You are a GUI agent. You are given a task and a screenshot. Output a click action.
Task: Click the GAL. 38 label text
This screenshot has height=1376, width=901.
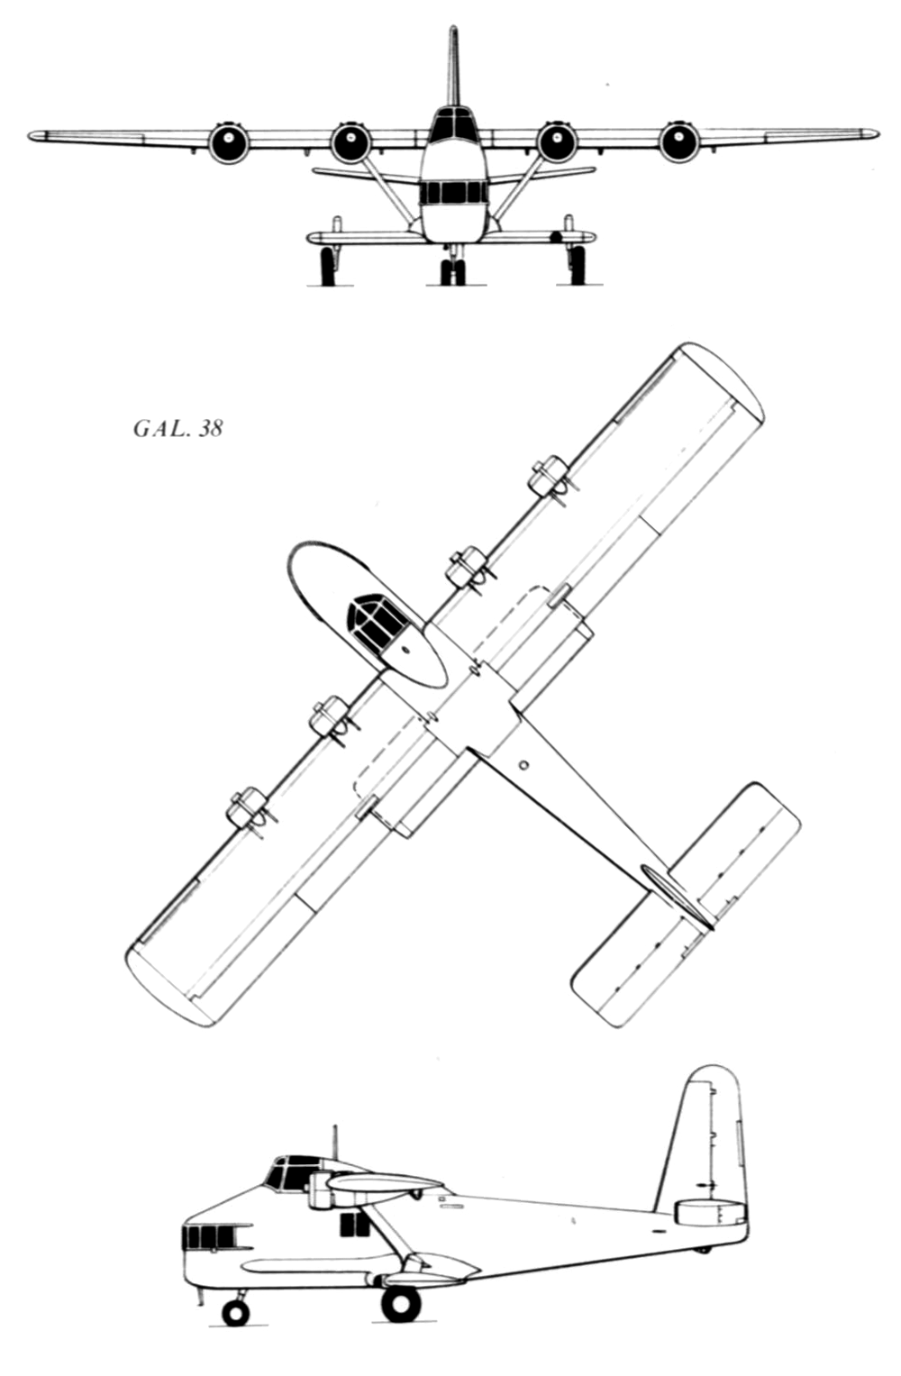(x=177, y=429)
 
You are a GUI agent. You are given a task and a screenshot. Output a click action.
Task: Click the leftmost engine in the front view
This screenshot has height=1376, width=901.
(x=229, y=142)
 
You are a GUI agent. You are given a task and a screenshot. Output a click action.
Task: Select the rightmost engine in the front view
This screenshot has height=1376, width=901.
(x=678, y=141)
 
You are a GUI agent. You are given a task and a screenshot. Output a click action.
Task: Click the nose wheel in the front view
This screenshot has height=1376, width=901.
(x=453, y=271)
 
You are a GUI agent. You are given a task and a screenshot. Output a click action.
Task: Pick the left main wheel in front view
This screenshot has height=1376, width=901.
(x=329, y=265)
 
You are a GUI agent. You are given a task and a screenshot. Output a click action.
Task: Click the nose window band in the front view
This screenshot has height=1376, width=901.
(x=452, y=194)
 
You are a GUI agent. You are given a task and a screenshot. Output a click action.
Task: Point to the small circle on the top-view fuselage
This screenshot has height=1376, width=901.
(x=523, y=765)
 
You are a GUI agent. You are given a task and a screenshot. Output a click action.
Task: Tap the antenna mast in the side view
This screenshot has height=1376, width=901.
(x=335, y=1144)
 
